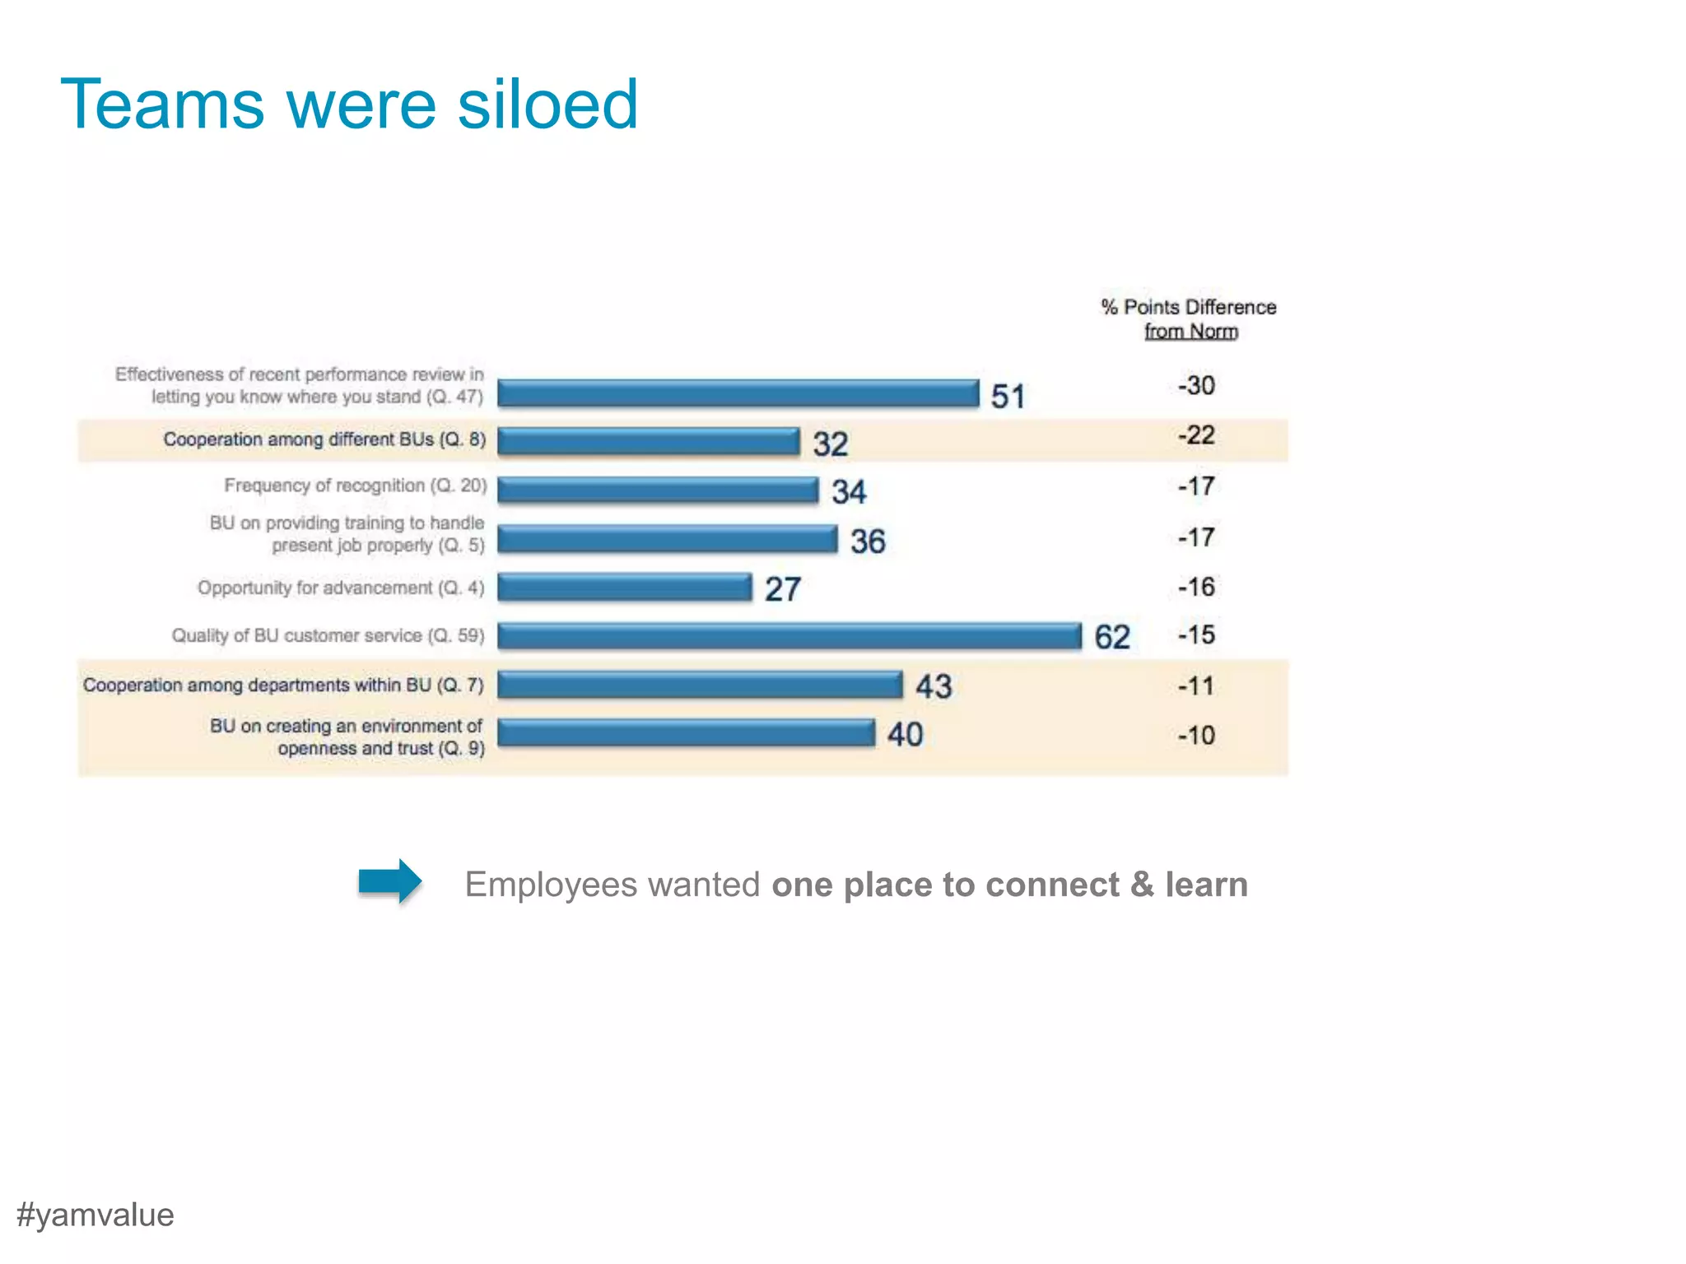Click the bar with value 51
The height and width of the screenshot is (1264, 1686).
pyautogui.click(x=738, y=393)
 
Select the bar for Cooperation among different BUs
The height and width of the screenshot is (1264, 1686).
pyautogui.click(x=649, y=441)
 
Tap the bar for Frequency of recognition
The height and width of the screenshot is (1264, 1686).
pyautogui.click(x=658, y=490)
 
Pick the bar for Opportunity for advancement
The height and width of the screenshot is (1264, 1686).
pyautogui.click(x=625, y=588)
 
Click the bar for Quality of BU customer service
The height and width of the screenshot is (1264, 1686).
pyautogui.click(x=789, y=636)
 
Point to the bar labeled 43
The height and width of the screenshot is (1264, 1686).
pyautogui.click(x=700, y=685)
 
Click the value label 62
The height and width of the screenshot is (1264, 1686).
pyautogui.click(x=1111, y=637)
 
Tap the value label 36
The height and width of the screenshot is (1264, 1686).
pyautogui.click(x=868, y=541)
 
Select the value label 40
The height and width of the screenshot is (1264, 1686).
pyautogui.click(x=905, y=734)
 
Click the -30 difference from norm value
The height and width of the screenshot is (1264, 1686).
pyautogui.click(x=1196, y=385)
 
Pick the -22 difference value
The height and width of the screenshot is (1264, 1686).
pyautogui.click(x=1196, y=434)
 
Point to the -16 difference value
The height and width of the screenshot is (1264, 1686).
pyautogui.click(x=1196, y=587)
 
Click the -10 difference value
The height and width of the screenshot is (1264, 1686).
pyautogui.click(x=1196, y=735)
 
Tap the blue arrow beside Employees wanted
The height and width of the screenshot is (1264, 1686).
pyautogui.click(x=390, y=881)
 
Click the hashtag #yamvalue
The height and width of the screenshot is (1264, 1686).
pyautogui.click(x=95, y=1215)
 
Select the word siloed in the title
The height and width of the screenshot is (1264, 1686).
pyautogui.click(x=547, y=105)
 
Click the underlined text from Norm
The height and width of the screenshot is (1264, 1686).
pyautogui.click(x=1190, y=332)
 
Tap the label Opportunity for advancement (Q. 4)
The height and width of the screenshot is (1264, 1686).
pyautogui.click(x=341, y=588)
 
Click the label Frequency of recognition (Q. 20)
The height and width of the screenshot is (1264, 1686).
pyautogui.click(x=356, y=486)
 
